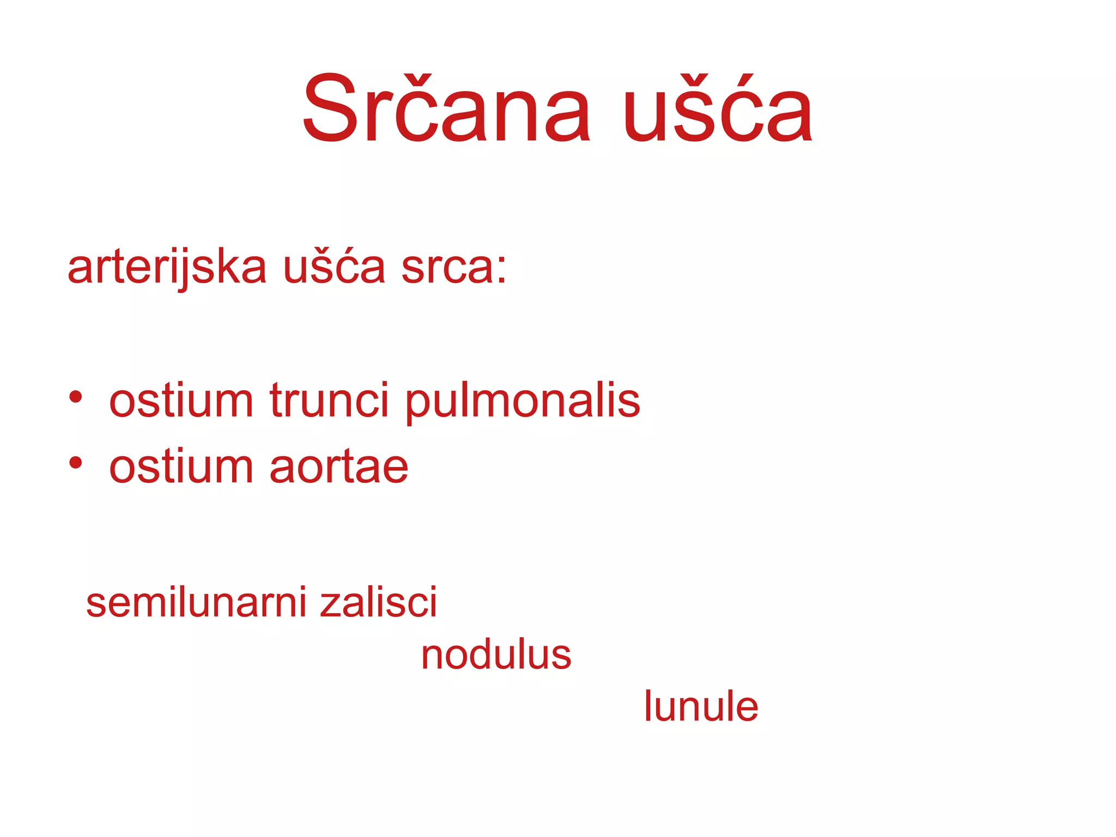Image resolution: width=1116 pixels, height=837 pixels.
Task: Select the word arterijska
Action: click(167, 268)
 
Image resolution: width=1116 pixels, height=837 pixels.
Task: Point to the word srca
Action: click(447, 268)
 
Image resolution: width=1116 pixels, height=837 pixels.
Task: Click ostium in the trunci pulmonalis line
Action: click(181, 401)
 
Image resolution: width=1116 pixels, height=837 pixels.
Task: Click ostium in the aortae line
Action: click(181, 468)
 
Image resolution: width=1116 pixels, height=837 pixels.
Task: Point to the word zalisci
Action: click(378, 603)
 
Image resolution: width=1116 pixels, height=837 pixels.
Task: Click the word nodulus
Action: click(496, 655)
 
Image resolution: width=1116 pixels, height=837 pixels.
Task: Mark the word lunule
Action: click(701, 707)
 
